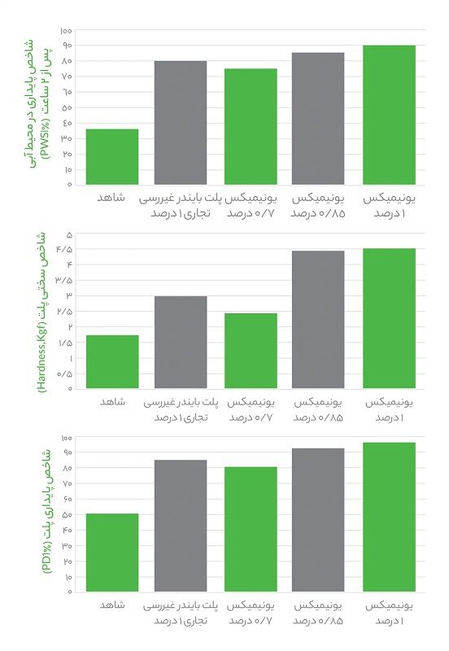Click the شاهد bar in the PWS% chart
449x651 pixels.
tap(112, 157)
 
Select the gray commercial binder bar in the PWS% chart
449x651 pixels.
tap(181, 123)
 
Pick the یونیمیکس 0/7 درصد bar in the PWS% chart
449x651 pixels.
tap(251, 127)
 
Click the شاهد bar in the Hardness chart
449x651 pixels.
tap(112, 361)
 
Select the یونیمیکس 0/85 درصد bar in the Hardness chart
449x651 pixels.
tap(318, 319)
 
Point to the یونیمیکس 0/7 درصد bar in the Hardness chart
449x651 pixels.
tap(251, 351)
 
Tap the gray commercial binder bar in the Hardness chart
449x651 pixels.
tap(181, 342)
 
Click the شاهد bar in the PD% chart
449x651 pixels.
tap(112, 553)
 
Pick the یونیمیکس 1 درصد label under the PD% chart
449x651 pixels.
tap(388, 613)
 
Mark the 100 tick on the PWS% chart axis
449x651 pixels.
tap(67, 30)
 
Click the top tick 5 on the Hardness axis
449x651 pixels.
tap(69, 234)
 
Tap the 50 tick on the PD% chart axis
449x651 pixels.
tap(68, 514)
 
